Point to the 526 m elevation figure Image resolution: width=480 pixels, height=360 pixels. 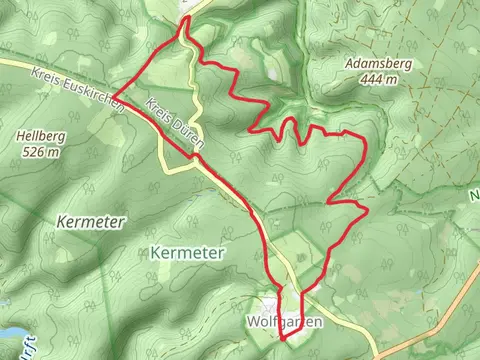click(x=39, y=152)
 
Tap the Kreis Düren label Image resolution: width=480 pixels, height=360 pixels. click(x=174, y=124)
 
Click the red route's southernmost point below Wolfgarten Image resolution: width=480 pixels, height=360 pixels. click(x=282, y=340)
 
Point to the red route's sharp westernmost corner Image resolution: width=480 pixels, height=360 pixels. click(x=114, y=97)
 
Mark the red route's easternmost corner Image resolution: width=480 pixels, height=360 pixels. click(x=369, y=210)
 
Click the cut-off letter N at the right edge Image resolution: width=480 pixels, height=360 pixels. click(x=475, y=198)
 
